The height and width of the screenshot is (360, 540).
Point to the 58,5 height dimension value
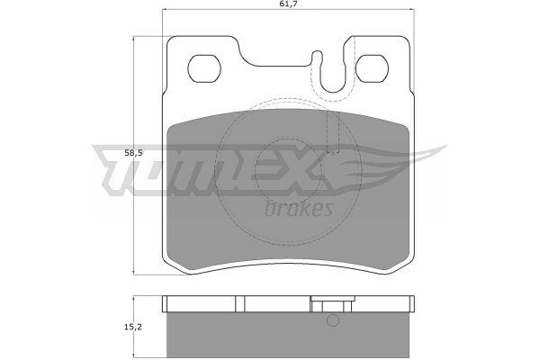[x=133, y=153]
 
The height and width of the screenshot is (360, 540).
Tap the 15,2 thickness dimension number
[x=133, y=327]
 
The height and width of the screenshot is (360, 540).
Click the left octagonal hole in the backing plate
[x=204, y=68]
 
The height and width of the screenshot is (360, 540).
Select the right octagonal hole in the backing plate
[x=372, y=68]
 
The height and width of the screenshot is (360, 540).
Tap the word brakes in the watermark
[x=299, y=209]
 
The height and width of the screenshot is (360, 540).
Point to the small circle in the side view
[x=333, y=320]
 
